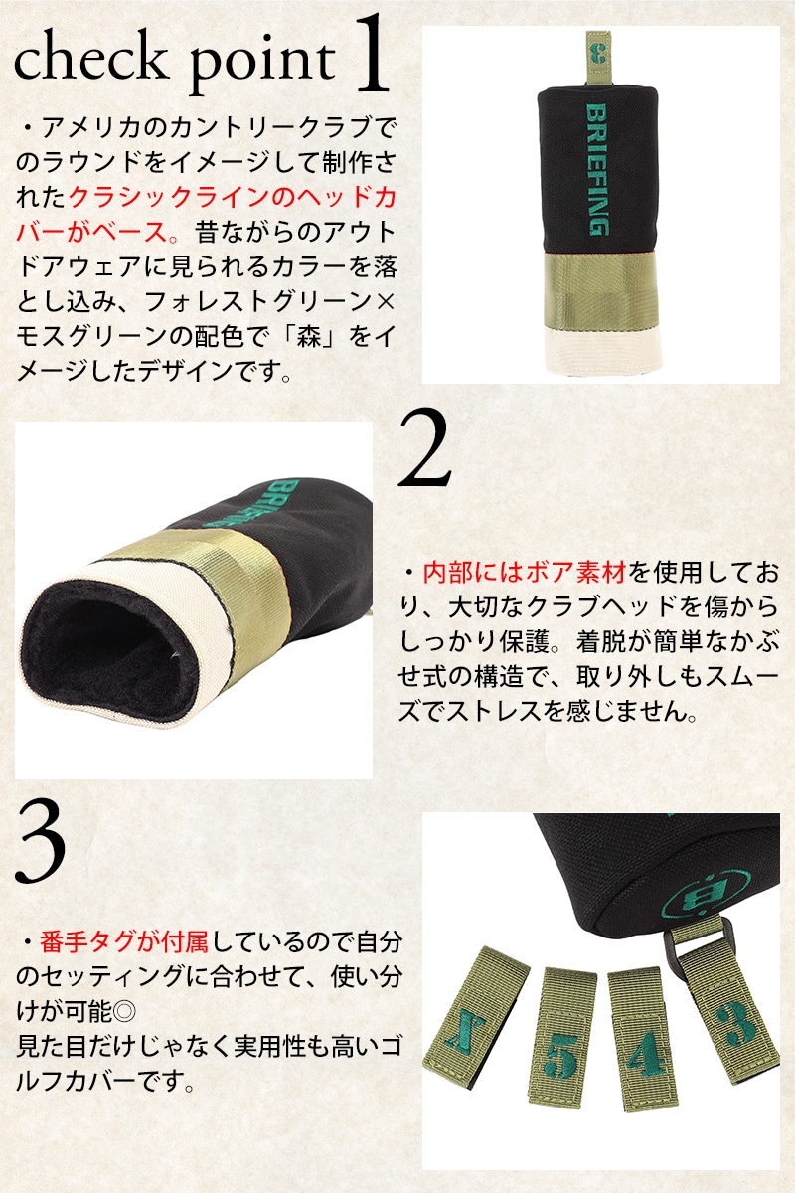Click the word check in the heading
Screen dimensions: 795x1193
click(89, 59)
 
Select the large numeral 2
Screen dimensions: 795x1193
click(424, 447)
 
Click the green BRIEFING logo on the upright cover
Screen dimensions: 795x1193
click(597, 169)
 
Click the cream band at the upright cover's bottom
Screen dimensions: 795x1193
click(603, 349)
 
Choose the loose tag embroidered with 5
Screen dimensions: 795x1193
click(561, 1047)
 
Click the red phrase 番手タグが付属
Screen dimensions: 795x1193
click(124, 942)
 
